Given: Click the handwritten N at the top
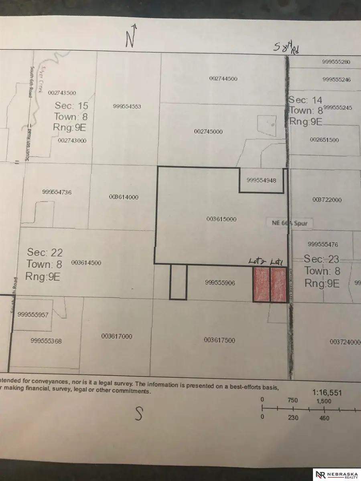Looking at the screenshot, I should coord(131,36).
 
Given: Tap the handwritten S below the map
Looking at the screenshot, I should coord(139,414).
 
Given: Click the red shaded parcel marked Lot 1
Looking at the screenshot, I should coord(278,285).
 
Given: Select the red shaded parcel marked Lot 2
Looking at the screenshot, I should coord(261,285).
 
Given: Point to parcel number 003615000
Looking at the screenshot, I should coord(221,219).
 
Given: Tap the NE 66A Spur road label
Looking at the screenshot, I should coord(288,223).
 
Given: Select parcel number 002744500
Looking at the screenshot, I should coord(223,79).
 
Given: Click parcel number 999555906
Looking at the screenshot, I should coord(219,283).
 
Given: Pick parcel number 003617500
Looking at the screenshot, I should coord(219,340).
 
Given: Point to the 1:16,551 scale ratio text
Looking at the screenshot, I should coord(327,393).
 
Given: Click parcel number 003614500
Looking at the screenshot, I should coord(86,263).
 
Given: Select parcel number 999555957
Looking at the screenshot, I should coord(33,315).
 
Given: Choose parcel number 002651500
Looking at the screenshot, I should coord(324,140).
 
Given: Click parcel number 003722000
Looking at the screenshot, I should coord(327,200).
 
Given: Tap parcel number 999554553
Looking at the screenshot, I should coord(127,107).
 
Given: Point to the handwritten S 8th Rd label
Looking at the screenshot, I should coord(286,49).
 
